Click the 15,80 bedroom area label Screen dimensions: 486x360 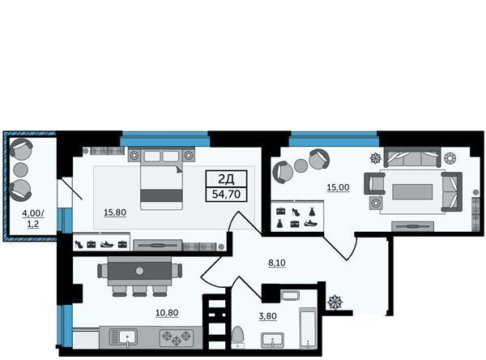click(x=115, y=212)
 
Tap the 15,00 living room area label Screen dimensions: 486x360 click(x=338, y=187)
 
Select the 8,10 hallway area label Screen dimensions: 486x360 click(x=277, y=263)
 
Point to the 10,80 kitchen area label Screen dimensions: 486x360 click(x=167, y=313)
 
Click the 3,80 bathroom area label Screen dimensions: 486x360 click(x=268, y=316)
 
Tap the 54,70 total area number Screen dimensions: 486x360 click(x=226, y=195)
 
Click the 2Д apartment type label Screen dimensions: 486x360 click(x=226, y=179)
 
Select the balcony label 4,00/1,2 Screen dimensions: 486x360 click(x=33, y=218)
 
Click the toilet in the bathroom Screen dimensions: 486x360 click(x=238, y=336)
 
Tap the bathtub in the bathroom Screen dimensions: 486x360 click(x=308, y=328)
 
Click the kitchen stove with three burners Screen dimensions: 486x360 click(x=177, y=337)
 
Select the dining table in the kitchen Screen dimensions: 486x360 click(x=139, y=271)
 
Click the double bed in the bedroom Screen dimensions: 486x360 click(x=161, y=179)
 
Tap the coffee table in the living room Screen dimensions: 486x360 click(x=412, y=191)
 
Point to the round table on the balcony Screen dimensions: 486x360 click(x=20, y=169)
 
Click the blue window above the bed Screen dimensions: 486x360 click(x=164, y=139)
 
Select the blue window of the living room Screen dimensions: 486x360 click(x=334, y=139)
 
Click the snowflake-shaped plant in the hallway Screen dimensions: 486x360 click(x=335, y=302)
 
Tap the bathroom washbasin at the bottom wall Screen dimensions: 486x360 click(x=272, y=341)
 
